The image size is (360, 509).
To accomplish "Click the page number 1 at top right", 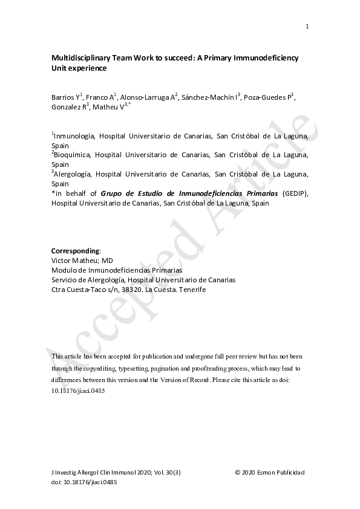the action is (x=307, y=26).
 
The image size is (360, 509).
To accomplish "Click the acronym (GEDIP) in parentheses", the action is (x=295, y=193).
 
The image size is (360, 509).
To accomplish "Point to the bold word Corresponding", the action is (x=74, y=251).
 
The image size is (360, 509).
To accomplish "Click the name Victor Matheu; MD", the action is (x=79, y=261).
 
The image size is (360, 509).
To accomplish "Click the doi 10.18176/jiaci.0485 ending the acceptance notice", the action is (x=79, y=391).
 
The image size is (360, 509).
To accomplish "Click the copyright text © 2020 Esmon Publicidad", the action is (x=270, y=472).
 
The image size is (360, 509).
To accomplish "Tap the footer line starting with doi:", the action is (x=84, y=482).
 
